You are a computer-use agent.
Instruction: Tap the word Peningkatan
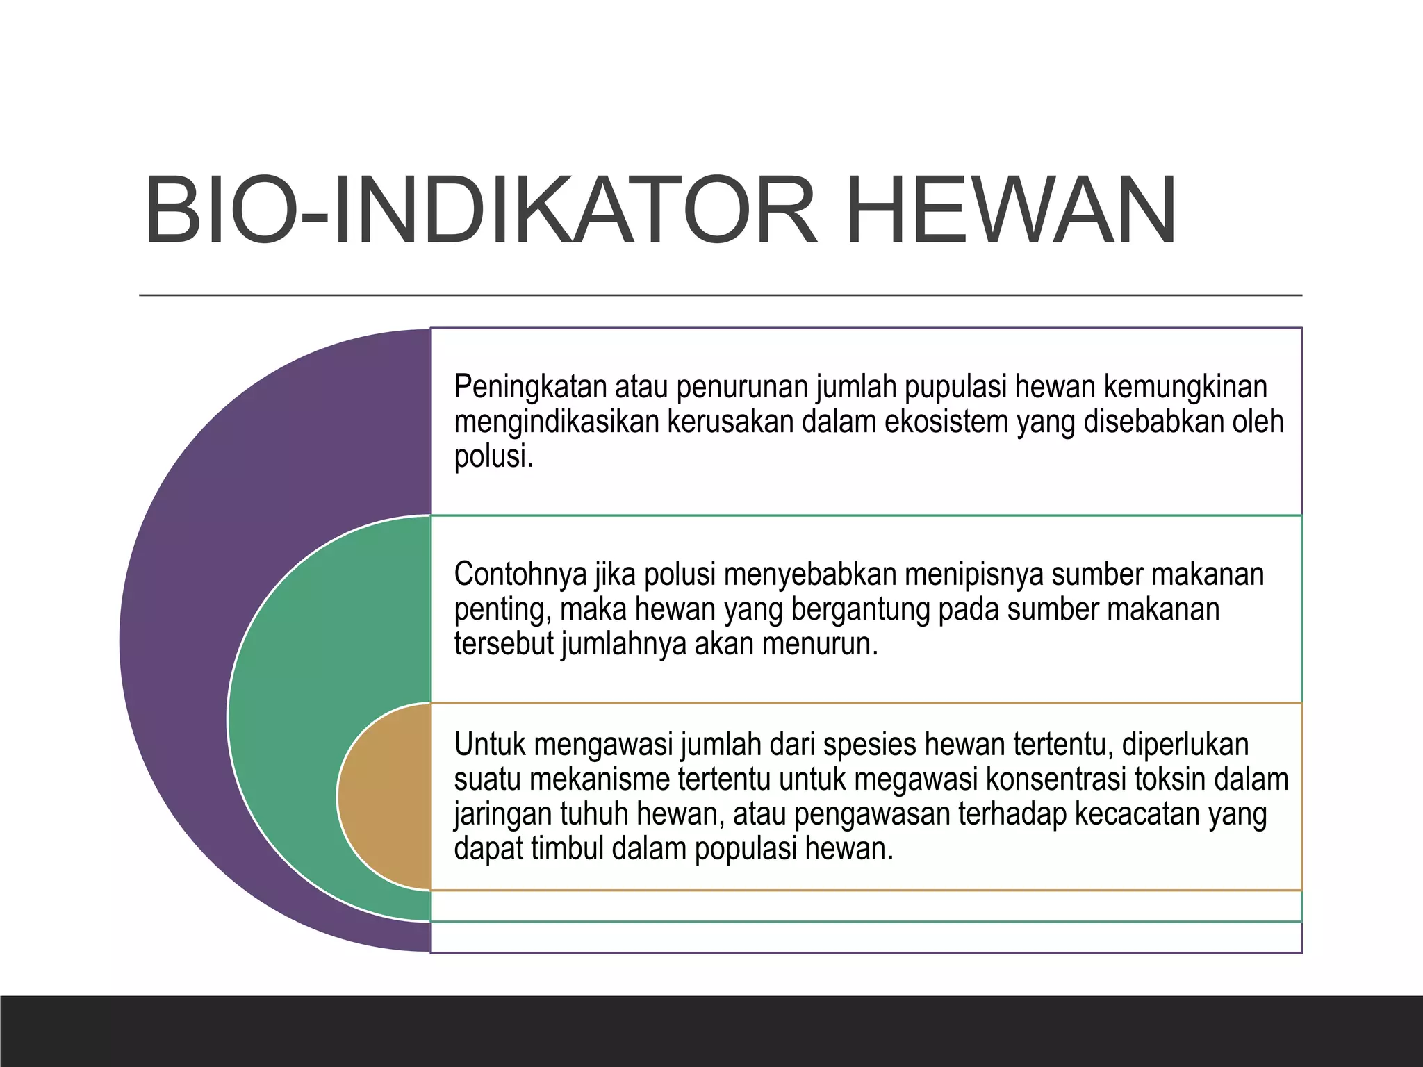[530, 387]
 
